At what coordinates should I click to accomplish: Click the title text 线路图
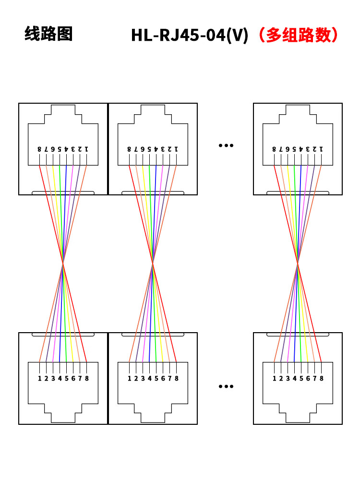48,34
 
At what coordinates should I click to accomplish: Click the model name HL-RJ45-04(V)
190,35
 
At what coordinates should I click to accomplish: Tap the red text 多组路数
298,35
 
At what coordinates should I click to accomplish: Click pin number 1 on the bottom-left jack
39,378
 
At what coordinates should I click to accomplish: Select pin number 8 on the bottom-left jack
86,378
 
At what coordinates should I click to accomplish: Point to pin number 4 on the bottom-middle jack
149,378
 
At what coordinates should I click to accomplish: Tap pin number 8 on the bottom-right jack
321,378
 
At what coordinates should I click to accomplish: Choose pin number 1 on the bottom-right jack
274,378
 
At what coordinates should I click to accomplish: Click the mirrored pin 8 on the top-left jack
39,149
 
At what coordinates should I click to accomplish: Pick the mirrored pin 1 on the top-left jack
86,149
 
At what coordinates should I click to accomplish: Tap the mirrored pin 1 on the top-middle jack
176,149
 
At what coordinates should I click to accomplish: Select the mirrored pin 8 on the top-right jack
274,149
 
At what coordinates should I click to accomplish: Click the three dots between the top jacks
226,145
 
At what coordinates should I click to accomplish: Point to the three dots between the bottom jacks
226,386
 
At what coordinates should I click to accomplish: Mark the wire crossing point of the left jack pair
63,263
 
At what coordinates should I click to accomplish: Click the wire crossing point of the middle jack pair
153,263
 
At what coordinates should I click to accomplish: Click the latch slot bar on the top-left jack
63,193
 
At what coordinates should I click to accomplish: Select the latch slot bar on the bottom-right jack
298,334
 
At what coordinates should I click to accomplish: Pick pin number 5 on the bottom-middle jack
156,378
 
